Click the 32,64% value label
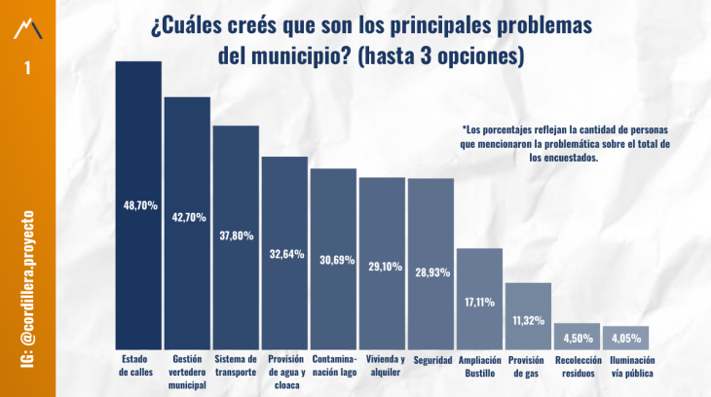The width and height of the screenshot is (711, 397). point(286,254)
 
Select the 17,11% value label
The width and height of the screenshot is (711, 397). point(480,302)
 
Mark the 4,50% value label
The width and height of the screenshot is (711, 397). point(578,339)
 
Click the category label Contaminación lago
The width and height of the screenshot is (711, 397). point(334,366)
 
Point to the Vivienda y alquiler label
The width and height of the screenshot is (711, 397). point(383,366)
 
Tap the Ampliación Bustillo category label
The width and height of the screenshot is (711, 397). point(480,366)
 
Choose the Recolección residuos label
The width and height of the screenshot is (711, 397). point(578,366)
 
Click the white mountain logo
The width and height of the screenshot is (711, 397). point(28,28)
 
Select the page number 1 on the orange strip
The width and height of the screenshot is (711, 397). point(27,69)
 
